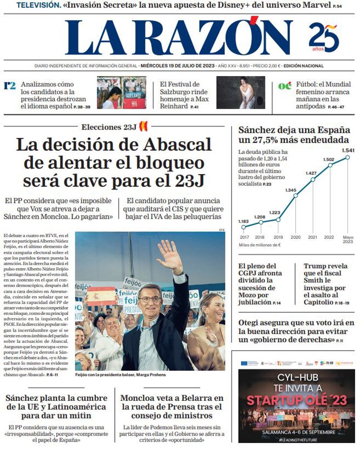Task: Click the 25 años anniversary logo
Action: (323, 38)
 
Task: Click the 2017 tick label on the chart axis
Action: (244, 237)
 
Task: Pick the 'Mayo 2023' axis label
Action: (348, 240)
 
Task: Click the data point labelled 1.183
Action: (244, 227)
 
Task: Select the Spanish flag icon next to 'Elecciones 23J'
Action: (144, 126)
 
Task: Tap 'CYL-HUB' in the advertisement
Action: (298, 376)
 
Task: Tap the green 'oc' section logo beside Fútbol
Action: (284, 86)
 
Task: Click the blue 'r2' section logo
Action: (10, 85)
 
